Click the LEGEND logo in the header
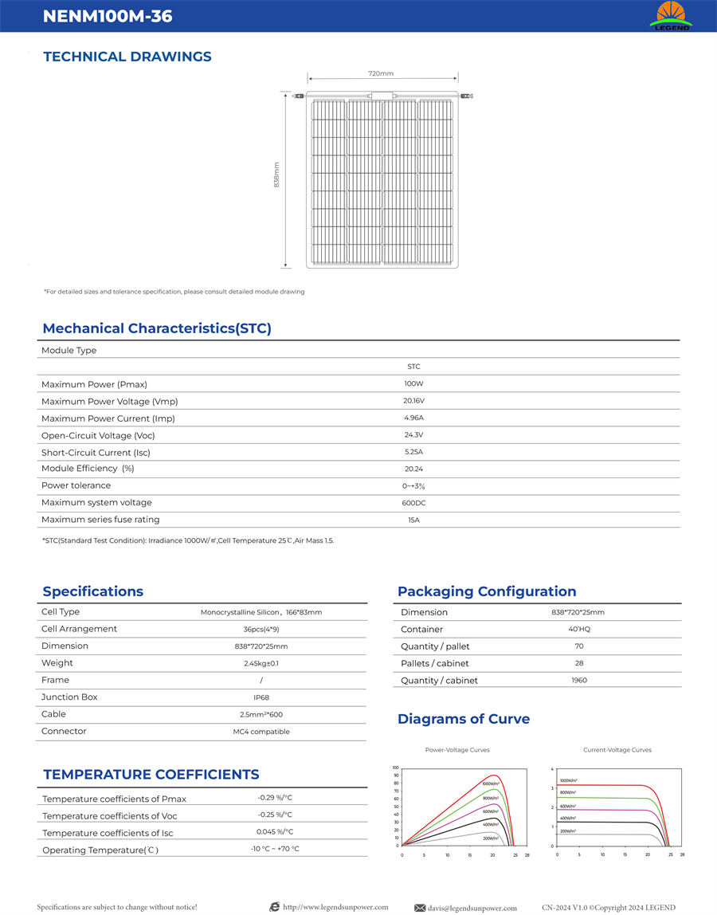tap(670, 16)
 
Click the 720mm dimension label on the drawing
tap(381, 73)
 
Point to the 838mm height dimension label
tap(276, 175)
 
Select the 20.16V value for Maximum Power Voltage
tap(413, 401)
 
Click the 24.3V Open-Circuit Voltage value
tap(413, 435)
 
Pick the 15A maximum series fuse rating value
tap(413, 520)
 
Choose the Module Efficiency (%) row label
tap(88, 469)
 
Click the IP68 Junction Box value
tap(261, 697)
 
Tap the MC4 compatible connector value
tap(261, 732)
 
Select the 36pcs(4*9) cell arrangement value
tap(261, 630)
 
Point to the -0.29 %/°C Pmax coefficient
tap(275, 798)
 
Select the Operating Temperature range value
tap(275, 849)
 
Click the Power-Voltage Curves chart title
tap(457, 750)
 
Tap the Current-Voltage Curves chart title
tap(617, 750)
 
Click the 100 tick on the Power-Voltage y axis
tap(395, 768)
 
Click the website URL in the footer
tap(335, 907)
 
